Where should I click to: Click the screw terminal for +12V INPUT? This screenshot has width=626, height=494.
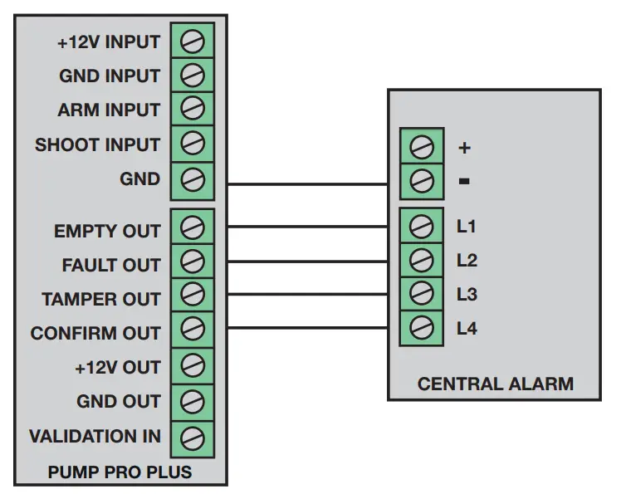[x=192, y=41]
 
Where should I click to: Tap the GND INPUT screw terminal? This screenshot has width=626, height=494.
[x=192, y=76]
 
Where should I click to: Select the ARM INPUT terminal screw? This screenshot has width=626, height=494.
[x=192, y=110]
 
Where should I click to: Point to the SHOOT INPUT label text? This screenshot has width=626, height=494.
[x=97, y=144]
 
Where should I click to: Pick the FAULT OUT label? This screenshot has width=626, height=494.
[x=111, y=266]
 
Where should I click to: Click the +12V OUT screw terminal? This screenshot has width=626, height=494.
[x=192, y=366]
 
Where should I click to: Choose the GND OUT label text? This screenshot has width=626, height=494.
[x=119, y=402]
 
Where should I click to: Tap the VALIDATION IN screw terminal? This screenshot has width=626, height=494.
[x=192, y=436]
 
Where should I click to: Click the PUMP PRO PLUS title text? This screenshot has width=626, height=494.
[x=120, y=472]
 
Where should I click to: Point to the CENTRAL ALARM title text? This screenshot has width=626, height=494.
[x=495, y=384]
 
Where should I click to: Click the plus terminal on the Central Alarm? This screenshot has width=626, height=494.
[x=421, y=148]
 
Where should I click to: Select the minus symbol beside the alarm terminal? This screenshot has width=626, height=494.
[x=465, y=180]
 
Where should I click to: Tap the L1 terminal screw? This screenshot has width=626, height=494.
[x=421, y=226]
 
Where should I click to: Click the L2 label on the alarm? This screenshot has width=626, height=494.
[x=467, y=261]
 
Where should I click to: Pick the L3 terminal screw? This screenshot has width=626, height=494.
[x=421, y=294]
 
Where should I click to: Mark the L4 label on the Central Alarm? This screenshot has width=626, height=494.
[x=467, y=329]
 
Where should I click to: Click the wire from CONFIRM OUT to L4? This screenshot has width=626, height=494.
[x=307, y=328]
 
